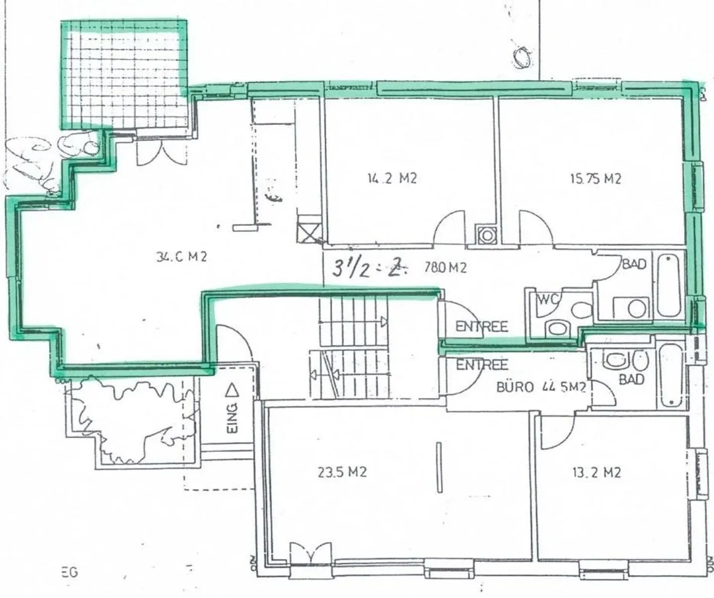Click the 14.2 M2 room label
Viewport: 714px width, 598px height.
(x=392, y=178)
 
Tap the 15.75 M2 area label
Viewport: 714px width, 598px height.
(x=595, y=179)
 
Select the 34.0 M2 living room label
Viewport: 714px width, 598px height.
(x=181, y=257)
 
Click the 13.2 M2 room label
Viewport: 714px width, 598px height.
(x=596, y=473)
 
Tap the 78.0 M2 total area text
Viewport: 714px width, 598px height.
(x=445, y=268)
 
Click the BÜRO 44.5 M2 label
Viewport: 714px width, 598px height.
(x=541, y=387)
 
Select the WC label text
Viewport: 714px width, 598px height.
(x=548, y=300)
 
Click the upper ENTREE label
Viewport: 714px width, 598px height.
(x=481, y=327)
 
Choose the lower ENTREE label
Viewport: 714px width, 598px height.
(x=482, y=366)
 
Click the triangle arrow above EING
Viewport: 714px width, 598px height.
(x=232, y=391)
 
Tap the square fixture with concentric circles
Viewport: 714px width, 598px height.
(x=486, y=235)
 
